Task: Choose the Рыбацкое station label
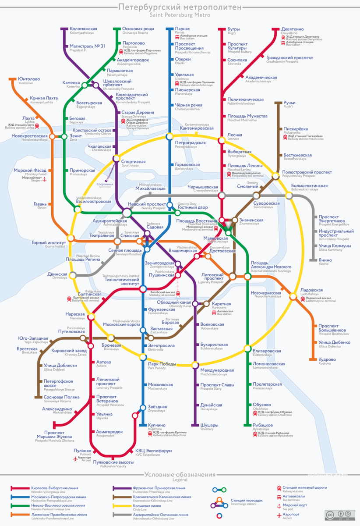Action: pyautogui.click(x=263, y=425)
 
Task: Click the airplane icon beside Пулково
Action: pyautogui.click(x=74, y=458)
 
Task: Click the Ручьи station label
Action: pyautogui.click(x=289, y=103)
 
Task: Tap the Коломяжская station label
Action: pyautogui.click(x=83, y=29)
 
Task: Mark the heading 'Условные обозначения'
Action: pyautogui.click(x=180, y=475)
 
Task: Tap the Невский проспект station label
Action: pyautogui.click(x=147, y=204)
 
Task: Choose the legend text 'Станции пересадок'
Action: pyautogui.click(x=247, y=500)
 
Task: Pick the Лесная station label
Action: pyautogui.click(x=235, y=135)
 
